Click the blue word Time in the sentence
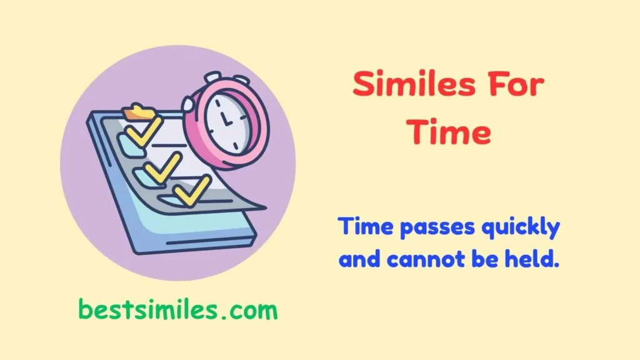tap(364, 227)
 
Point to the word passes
tap(436, 229)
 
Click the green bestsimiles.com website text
tap(177, 309)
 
